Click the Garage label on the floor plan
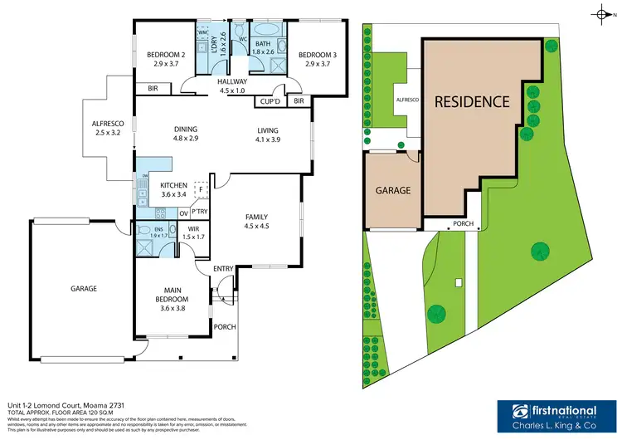[83, 289]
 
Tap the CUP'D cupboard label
[269, 101]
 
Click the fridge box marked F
[200, 189]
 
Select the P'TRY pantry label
[200, 212]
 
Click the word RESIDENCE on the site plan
[472, 102]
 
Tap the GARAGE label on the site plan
[393, 190]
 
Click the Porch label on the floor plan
[225, 326]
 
